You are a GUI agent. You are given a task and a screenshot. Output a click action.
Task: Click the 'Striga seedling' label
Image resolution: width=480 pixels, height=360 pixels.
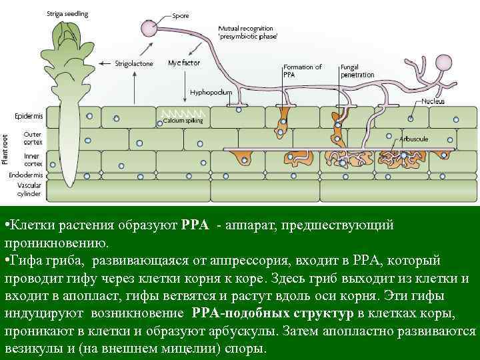click(67, 14)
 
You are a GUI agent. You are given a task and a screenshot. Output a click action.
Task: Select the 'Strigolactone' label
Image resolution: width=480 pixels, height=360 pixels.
click(134, 64)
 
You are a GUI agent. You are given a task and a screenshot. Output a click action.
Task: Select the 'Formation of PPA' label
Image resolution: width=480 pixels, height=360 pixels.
click(302, 71)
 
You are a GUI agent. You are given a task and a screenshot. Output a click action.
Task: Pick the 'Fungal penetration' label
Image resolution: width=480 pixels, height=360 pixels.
click(357, 71)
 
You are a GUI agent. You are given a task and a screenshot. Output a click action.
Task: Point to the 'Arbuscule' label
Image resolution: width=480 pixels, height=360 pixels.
click(415, 139)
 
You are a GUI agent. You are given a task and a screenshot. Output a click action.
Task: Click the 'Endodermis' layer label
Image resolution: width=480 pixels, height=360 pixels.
click(27, 175)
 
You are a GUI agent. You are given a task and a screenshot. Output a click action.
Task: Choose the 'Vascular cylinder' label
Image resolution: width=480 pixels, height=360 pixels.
click(30, 189)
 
